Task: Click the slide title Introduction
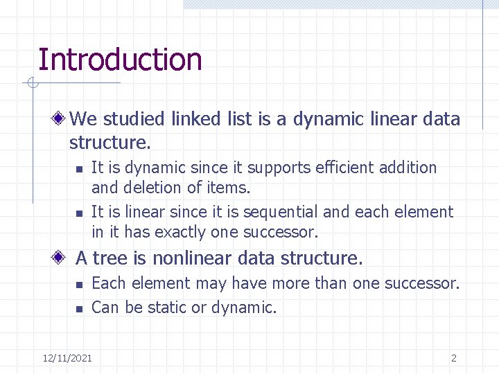point(120,60)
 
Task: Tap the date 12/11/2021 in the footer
point(67,358)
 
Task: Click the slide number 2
point(453,358)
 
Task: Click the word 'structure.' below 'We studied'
point(110,143)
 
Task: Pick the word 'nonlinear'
point(192,258)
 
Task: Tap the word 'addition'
point(410,168)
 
